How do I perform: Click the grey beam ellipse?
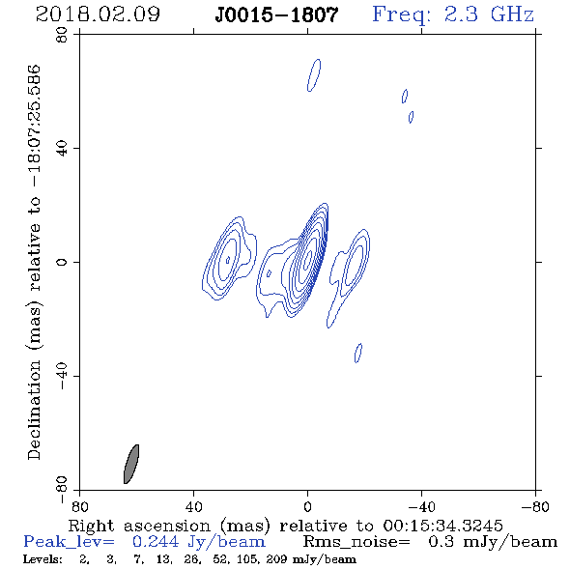pyautogui.click(x=130, y=464)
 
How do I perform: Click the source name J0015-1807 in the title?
pyautogui.click(x=276, y=15)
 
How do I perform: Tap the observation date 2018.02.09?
pyautogui.click(x=98, y=14)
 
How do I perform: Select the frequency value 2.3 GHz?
pyautogui.click(x=489, y=14)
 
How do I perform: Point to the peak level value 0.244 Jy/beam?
pyautogui.click(x=199, y=542)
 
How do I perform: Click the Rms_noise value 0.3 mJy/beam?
pyautogui.click(x=493, y=542)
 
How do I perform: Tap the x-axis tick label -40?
pyautogui.click(x=421, y=506)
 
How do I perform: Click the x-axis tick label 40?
pyautogui.click(x=193, y=506)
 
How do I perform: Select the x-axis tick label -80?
pyautogui.click(x=535, y=506)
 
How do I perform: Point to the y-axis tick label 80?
pyautogui.click(x=62, y=35)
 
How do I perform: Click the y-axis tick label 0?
pyautogui.click(x=62, y=262)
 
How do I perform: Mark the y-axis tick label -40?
pyautogui.click(x=62, y=376)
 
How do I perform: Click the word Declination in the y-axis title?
pyautogui.click(x=34, y=411)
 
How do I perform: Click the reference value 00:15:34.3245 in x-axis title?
pyautogui.click(x=442, y=526)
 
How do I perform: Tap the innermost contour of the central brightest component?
pyautogui.click(x=308, y=258)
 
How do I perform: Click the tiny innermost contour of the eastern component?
pyautogui.click(x=228, y=260)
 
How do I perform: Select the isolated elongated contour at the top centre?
pyautogui.click(x=314, y=75)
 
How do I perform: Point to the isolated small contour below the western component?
pyautogui.click(x=358, y=353)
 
